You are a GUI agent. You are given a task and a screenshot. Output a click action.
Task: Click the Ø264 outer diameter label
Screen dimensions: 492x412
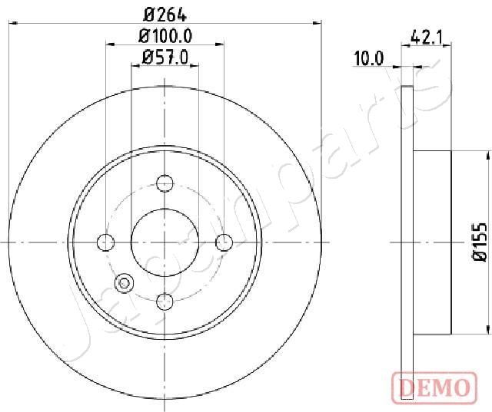click(165, 15)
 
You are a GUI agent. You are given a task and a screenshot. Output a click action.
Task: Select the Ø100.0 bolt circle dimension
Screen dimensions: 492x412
click(165, 36)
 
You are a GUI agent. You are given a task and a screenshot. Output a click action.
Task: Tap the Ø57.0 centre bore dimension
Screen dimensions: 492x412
click(165, 58)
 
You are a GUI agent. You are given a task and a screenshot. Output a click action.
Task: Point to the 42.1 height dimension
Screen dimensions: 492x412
click(426, 38)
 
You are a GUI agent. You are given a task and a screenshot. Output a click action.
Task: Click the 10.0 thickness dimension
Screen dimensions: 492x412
click(369, 58)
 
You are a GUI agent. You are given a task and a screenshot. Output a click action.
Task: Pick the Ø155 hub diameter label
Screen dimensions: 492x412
click(480, 242)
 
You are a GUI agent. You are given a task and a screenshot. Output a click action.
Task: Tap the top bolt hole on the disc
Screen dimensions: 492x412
click(165, 183)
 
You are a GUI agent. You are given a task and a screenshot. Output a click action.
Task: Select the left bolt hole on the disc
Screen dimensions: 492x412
click(106, 242)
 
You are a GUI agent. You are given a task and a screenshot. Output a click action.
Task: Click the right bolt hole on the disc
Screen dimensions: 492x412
click(224, 242)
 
